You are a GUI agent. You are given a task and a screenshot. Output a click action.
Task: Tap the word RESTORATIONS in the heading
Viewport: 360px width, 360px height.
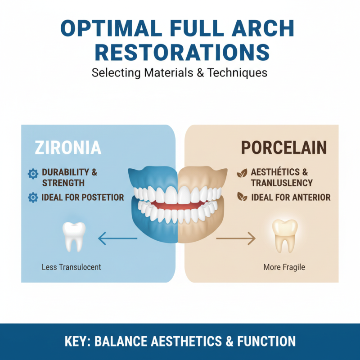(x=180, y=52)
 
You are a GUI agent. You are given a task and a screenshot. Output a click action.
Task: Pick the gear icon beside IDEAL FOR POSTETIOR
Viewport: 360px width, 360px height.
(x=33, y=197)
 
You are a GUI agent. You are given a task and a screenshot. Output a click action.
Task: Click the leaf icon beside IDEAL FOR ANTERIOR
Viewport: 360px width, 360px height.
(x=242, y=197)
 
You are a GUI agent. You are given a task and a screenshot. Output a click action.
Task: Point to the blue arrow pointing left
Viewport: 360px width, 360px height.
(x=117, y=238)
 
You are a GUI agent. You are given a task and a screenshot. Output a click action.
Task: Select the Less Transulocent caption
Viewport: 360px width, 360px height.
(x=71, y=267)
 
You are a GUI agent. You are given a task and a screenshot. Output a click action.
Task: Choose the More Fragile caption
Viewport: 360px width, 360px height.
(x=284, y=267)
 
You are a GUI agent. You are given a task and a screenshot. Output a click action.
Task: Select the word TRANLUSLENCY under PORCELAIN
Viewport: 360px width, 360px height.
(x=282, y=183)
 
